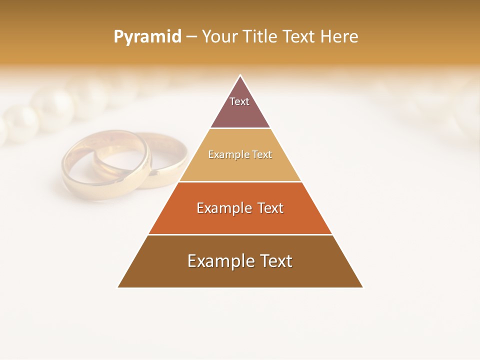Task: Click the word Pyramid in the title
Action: [147, 37]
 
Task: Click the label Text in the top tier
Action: [239, 101]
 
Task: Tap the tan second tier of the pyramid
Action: [240, 167]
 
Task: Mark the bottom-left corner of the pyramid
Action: [118, 287]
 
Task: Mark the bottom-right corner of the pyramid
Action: [362, 287]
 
